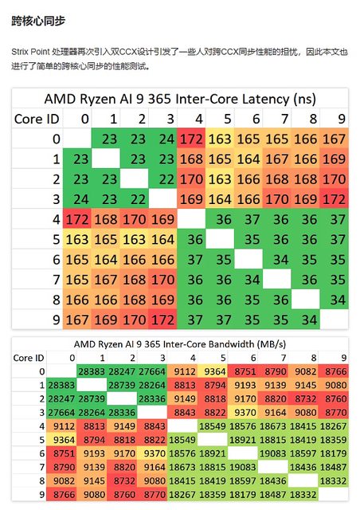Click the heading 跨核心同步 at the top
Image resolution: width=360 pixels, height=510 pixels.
coord(38,21)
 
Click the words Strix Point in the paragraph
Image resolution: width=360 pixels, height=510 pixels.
coord(30,52)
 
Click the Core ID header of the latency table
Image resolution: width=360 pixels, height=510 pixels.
coord(37,119)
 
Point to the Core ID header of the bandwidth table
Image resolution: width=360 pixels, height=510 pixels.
coord(29,358)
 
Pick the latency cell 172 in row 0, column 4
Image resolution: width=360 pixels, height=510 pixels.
coord(191,139)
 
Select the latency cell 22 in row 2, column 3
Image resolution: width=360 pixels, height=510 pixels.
coord(162,179)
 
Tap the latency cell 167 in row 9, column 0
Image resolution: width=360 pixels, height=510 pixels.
coord(77,320)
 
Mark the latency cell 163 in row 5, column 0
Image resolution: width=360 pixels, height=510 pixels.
coord(77,239)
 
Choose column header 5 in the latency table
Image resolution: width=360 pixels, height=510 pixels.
coord(228,119)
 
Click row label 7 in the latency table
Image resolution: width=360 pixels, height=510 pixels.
coord(57,280)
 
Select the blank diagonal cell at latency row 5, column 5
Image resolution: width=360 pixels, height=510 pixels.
coord(220,239)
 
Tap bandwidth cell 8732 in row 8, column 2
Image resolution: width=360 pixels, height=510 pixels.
coord(122,481)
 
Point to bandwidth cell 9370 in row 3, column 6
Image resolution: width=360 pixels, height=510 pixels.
coord(243,413)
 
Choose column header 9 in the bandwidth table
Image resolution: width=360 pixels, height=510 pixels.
coord(343,358)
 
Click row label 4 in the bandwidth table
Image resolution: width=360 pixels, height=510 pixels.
coord(41,426)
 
